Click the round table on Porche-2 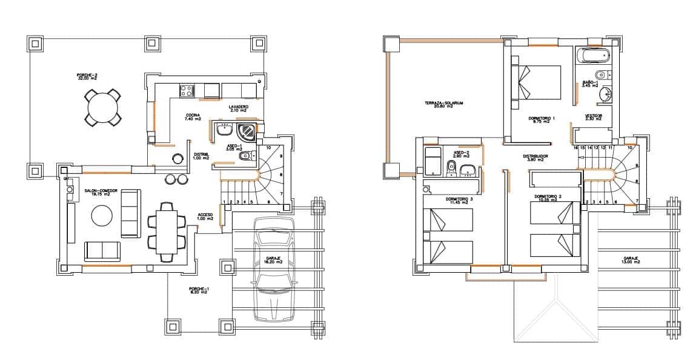(x=102, y=108)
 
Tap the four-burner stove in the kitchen (x=187, y=91)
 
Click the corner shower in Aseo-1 (x=247, y=130)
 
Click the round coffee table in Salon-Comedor (x=101, y=215)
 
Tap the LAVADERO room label (x=238, y=108)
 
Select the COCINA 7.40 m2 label (x=193, y=117)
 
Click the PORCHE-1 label (x=198, y=290)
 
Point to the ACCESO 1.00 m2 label (x=205, y=216)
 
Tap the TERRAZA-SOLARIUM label (x=444, y=105)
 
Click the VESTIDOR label (x=594, y=117)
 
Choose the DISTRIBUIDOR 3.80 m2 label (x=535, y=158)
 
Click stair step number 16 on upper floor (x=575, y=147)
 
